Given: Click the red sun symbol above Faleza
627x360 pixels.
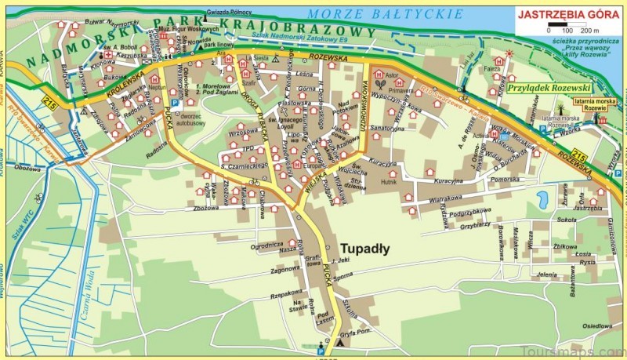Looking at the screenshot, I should pos(509,53).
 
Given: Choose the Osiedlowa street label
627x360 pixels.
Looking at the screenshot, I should pos(597,325).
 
